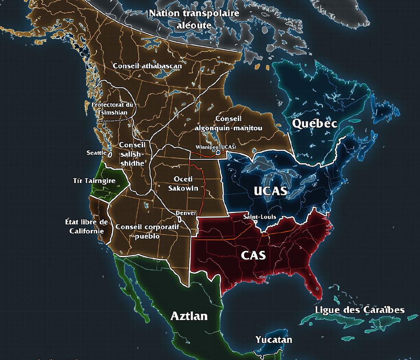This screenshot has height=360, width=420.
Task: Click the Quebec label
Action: click(315, 123)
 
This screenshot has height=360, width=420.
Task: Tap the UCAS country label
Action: click(270, 191)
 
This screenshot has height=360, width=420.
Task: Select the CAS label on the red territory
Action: click(253, 255)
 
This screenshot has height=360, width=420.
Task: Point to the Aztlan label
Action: click(189, 316)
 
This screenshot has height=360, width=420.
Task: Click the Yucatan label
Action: click(274, 340)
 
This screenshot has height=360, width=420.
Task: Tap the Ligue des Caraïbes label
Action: click(360, 310)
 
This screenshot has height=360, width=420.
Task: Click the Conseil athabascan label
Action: click(147, 66)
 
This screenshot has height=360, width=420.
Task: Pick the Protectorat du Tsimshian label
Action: click(112, 109)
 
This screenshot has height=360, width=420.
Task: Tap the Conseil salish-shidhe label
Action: click(132, 154)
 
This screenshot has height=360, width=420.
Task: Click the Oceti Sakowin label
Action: click(183, 184)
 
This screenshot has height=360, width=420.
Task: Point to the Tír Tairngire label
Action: click(94, 181)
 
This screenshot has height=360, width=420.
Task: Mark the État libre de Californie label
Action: click(87, 226)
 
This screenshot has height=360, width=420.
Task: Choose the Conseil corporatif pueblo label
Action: click(147, 231)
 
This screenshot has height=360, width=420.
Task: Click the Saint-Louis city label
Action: click(259, 217)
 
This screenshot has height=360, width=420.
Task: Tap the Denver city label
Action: click(186, 213)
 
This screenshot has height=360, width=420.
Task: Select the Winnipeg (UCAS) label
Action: click(216, 147)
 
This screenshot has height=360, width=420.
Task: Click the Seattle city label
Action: click(97, 153)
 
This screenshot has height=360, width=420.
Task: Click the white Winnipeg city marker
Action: click(218, 152)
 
